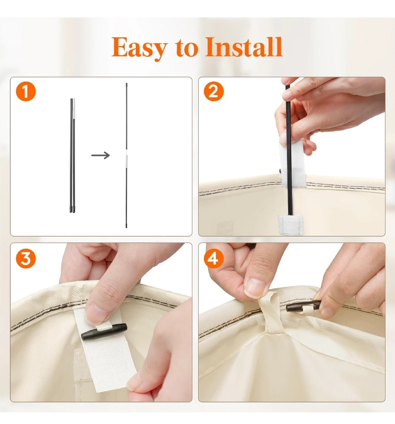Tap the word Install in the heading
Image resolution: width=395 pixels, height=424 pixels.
[x=244, y=47]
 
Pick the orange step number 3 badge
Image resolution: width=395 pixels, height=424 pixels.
[x=26, y=259]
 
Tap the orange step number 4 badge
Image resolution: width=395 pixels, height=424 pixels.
[x=214, y=259]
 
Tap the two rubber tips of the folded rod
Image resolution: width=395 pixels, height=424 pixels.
[x=73, y=209]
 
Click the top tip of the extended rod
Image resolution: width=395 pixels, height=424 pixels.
[x=126, y=84]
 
